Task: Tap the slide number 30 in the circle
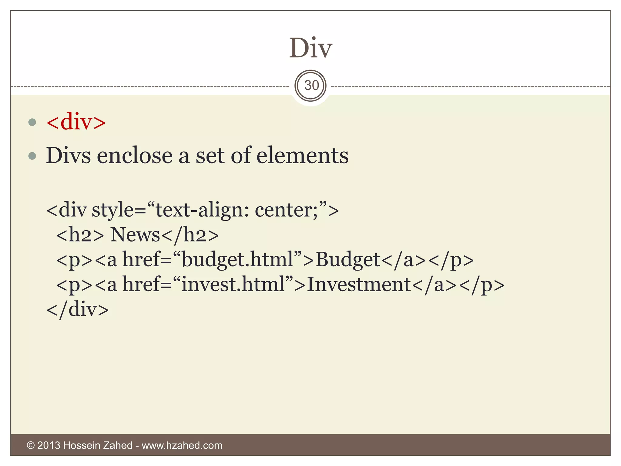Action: coord(311,86)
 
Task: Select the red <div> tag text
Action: coord(76,122)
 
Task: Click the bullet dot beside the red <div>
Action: coord(32,122)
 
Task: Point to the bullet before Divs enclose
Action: coord(32,156)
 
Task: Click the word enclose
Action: coord(135,155)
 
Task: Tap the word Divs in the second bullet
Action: coord(68,155)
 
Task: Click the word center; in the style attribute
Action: coord(286,210)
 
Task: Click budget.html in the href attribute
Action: coord(237,260)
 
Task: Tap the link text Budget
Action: coord(348,260)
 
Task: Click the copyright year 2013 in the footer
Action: coord(49,445)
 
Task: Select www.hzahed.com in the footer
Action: coord(182,445)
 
